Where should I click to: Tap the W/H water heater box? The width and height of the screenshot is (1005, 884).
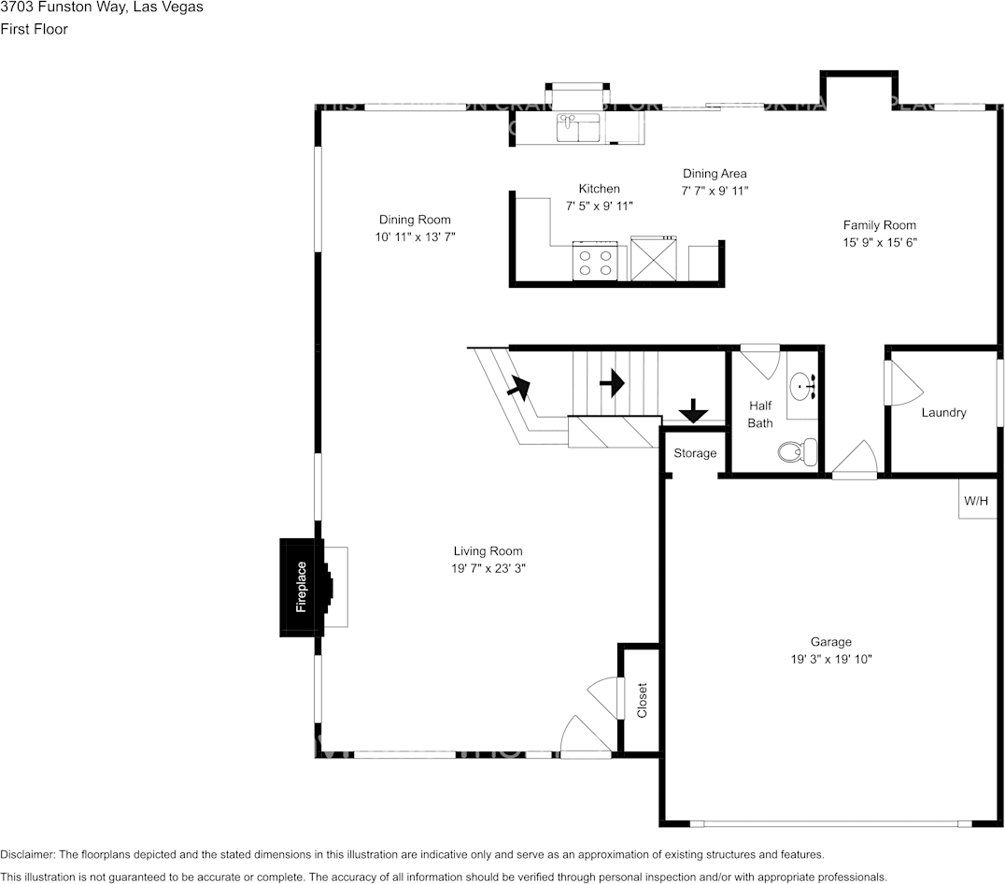976,501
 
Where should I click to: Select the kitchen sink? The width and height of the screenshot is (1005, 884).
579,128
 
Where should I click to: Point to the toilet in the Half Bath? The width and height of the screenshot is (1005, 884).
797,452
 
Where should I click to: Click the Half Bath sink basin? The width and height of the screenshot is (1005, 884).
801,384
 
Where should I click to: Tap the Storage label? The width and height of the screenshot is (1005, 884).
695,454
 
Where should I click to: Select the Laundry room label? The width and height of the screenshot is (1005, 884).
943,413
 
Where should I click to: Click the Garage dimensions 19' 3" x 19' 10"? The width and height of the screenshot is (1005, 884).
830,660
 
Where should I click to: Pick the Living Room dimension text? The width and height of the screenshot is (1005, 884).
488,569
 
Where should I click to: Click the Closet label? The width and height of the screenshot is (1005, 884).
642,700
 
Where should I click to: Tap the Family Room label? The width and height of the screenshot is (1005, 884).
879,225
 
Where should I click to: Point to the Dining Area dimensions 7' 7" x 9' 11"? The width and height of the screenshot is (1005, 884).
715,191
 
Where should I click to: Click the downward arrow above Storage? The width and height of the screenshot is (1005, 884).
693,410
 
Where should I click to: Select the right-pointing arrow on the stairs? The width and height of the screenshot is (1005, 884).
611,382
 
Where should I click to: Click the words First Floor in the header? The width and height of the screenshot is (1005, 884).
34,29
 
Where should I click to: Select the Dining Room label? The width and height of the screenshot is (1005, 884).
415,221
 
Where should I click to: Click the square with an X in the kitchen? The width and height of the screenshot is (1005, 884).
653,259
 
